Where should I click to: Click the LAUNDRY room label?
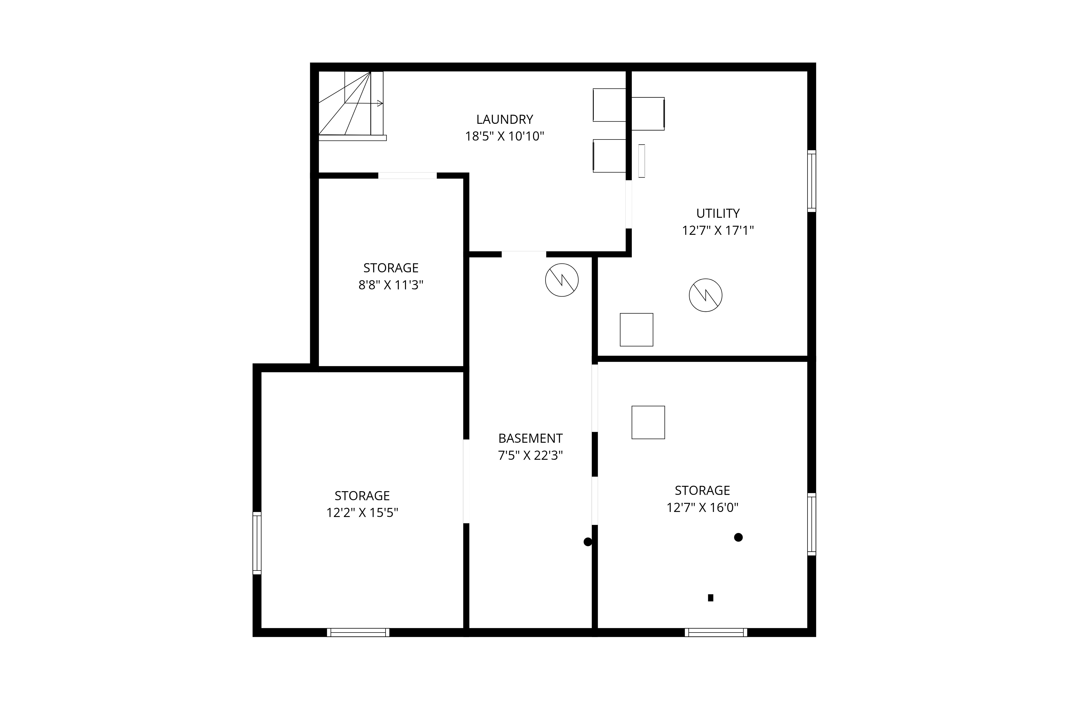505,120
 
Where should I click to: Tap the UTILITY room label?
718,213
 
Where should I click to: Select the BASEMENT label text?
530,438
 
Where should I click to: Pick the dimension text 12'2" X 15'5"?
362,512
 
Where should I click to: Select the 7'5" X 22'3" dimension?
530,455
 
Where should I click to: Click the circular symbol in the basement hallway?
562,280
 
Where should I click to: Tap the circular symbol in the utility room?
706,295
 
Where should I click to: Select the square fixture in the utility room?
636,330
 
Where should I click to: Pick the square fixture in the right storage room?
648,422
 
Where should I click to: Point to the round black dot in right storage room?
738,537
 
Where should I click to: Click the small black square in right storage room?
710,598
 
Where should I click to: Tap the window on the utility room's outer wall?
812,181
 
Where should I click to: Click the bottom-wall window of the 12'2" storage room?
358,633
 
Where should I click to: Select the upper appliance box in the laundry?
609,105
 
